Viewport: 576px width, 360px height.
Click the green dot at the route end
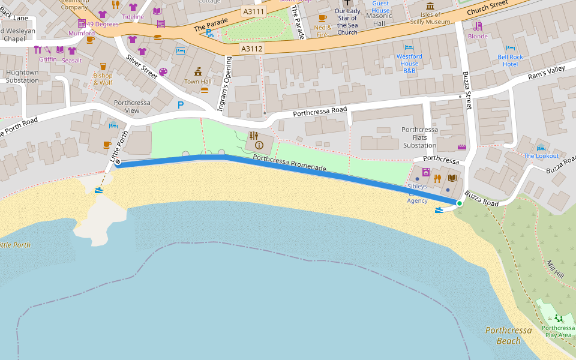(x=460, y=204)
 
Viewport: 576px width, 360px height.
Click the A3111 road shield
(x=254, y=11)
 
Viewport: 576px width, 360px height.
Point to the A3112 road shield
(x=251, y=48)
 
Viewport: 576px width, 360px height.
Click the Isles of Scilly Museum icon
(x=430, y=6)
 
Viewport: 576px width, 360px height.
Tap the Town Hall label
(x=198, y=82)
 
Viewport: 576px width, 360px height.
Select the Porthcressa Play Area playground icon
(x=559, y=318)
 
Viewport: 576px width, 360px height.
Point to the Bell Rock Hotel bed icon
(x=510, y=48)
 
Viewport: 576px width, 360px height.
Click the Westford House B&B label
(x=409, y=64)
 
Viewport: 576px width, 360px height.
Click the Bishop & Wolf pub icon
(x=103, y=67)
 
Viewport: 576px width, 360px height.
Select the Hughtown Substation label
(x=22, y=76)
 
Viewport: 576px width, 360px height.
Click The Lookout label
(x=541, y=156)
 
